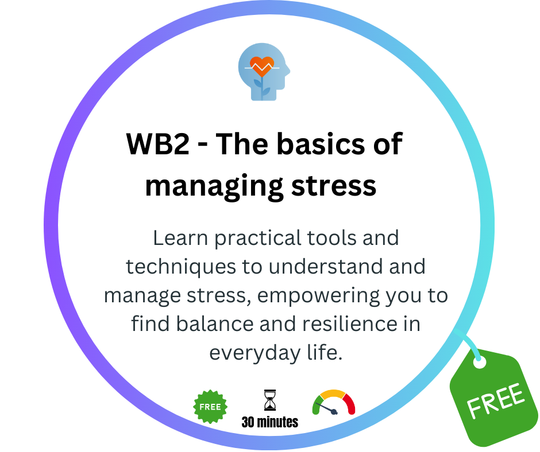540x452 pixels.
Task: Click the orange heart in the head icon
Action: click(262, 66)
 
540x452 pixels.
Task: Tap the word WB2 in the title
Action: click(158, 144)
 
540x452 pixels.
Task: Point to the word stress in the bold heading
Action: click(334, 186)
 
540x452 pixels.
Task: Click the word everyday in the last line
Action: click(255, 353)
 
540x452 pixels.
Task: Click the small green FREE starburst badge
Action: click(210, 407)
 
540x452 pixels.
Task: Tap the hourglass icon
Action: click(270, 400)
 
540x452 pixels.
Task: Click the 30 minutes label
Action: click(270, 422)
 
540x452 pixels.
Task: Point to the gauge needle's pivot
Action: click(334, 411)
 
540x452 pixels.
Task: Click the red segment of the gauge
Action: click(349, 403)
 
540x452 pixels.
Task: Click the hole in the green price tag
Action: click(479, 362)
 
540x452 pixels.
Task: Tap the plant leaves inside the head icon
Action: click(262, 86)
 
